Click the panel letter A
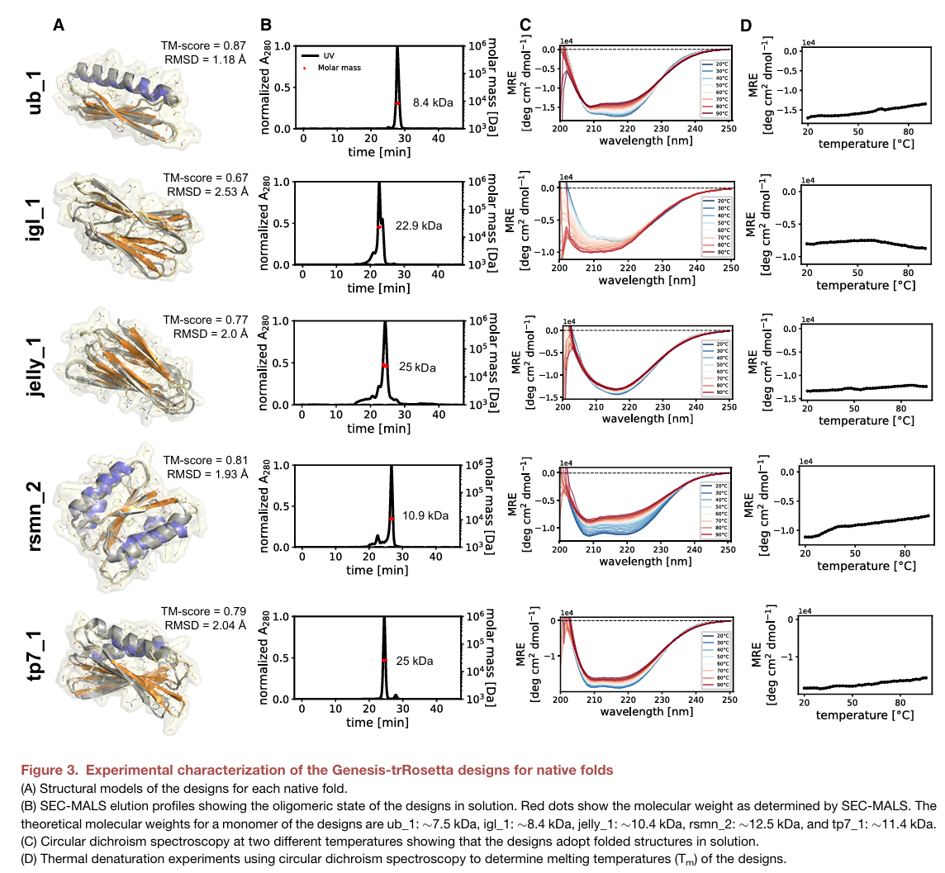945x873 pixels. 59,25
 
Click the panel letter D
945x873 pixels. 745,25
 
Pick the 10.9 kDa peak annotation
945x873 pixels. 425,515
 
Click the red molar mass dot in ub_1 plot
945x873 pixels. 397,103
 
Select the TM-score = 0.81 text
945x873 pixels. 205,460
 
